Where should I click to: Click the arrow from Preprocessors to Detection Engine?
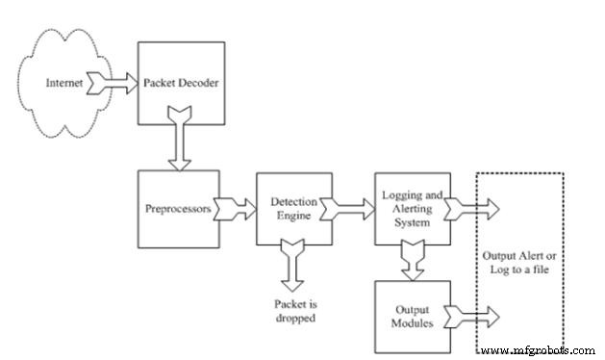[x=234, y=206]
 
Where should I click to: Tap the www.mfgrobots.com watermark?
[x=541, y=349]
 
